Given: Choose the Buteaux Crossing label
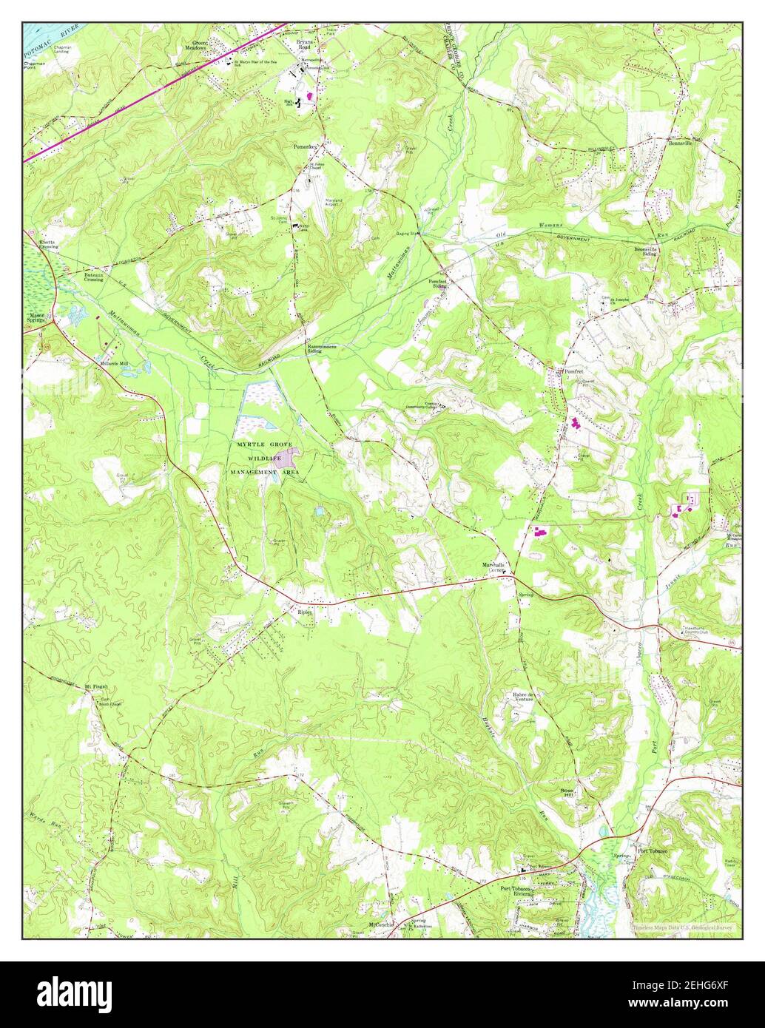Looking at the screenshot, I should click(93, 277).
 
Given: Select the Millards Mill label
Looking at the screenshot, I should click(115, 364).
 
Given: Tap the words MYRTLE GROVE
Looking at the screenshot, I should click(264, 444).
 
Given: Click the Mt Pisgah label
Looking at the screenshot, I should click(98, 685).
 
